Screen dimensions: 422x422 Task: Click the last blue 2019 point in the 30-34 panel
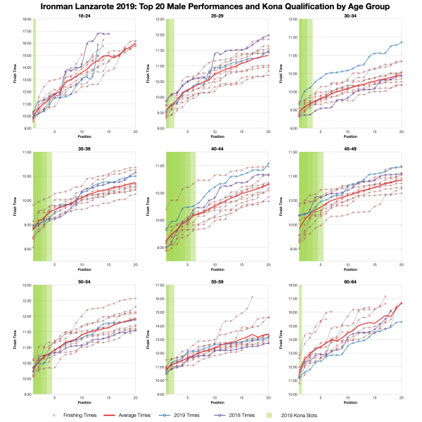tap(401, 42)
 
